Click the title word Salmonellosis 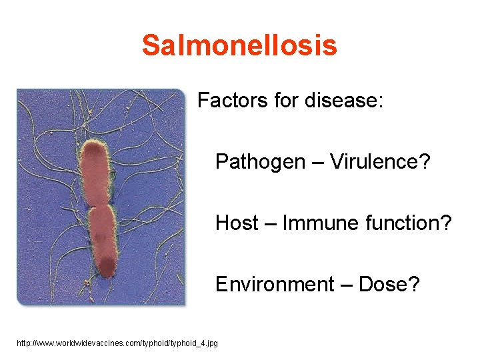click(239, 46)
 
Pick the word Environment click(273, 285)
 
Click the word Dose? click(389, 285)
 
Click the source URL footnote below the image click(117, 343)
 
